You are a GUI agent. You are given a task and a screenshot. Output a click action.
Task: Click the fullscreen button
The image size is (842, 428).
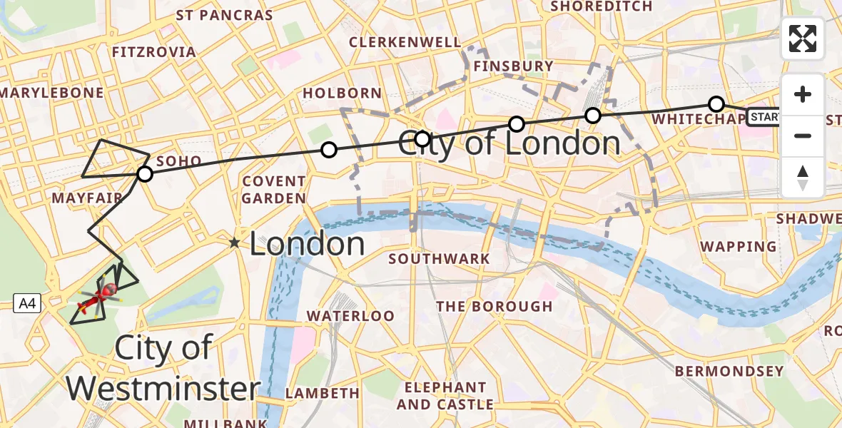803,39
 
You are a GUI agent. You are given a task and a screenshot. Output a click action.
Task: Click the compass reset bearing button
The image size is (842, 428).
803,178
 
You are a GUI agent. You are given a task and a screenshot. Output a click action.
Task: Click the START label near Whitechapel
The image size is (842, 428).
764,116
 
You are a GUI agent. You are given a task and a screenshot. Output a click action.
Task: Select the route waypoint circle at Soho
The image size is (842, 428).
145,174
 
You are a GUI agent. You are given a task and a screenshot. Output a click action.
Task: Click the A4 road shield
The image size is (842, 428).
27,305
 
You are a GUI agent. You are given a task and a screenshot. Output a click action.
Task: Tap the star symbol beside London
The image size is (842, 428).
234,243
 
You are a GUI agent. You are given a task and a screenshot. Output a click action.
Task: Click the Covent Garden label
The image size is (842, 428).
274,190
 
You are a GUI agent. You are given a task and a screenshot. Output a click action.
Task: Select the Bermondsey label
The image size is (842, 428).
729,371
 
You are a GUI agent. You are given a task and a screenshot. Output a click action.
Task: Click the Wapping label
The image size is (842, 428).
739,247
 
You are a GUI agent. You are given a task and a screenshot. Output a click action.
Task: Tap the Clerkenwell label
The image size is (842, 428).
405,42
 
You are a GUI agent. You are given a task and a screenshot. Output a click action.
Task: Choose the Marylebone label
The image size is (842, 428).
52,93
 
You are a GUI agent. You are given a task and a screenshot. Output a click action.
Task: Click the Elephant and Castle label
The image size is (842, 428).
445,396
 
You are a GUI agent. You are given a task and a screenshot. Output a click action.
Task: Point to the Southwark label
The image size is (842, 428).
439,258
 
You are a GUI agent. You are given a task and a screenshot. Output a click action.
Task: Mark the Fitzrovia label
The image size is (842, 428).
154,52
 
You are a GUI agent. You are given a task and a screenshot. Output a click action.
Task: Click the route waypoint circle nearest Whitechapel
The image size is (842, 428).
716,104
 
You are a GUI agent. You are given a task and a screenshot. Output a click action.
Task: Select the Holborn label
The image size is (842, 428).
342,93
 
